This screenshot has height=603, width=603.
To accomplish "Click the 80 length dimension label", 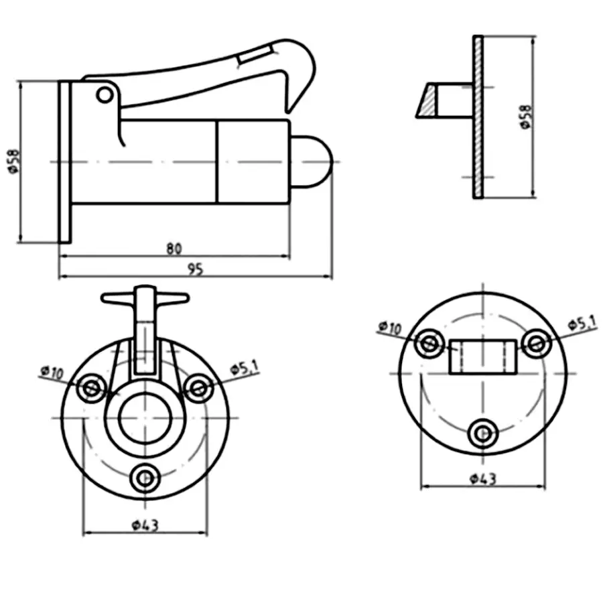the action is [x=174, y=249].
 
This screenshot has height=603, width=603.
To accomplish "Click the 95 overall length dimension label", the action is [x=196, y=269].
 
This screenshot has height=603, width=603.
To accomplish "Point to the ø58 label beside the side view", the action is [x=13, y=161].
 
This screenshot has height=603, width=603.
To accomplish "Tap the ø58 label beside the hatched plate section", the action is [x=526, y=117].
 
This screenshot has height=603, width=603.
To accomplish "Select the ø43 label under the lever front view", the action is [x=145, y=525].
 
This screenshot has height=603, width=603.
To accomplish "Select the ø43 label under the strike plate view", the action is [x=483, y=479].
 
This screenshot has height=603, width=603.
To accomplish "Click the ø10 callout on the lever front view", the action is [x=52, y=373].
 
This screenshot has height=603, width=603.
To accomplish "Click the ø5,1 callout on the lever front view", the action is [x=245, y=368].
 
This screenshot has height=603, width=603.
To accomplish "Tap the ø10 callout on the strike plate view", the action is [x=390, y=328].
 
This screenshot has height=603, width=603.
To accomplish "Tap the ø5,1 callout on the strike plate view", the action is [x=582, y=323].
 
